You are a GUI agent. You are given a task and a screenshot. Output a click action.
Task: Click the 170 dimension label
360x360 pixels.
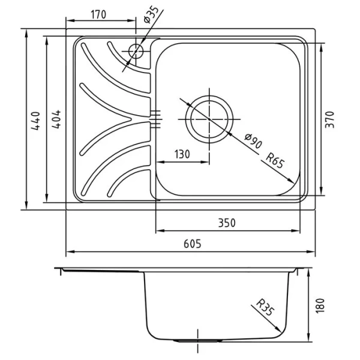coord(98,14)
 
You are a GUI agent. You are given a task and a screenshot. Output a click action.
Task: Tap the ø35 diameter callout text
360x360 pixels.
coord(151,14)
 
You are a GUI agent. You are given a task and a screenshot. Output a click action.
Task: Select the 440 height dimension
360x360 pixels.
coord(36,121)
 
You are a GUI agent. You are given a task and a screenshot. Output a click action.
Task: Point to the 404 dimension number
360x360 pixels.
coord(56,119)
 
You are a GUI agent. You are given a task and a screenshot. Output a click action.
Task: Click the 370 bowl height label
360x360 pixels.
coord(330,119)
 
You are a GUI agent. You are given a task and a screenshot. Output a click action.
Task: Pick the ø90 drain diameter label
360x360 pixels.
coord(253,141)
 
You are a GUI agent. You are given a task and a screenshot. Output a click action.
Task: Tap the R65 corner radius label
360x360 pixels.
coord(275,161)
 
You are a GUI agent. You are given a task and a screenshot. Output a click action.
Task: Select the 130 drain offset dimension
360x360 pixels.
coord(182,154)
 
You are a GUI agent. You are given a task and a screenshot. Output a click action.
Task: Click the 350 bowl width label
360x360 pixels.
coord(227,223)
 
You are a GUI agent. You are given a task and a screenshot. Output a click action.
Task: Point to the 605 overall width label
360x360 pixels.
coord(193,244)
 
